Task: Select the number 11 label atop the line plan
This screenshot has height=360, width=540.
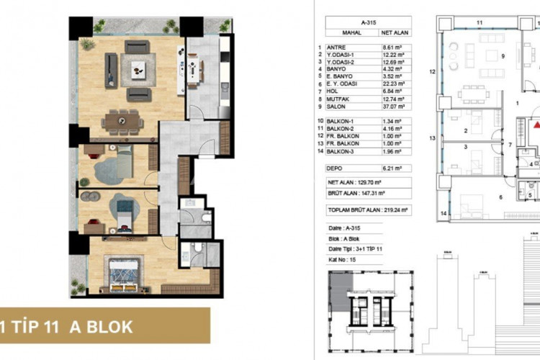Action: tap(479, 22)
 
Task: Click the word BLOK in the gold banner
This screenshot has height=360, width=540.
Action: tap(107, 325)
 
